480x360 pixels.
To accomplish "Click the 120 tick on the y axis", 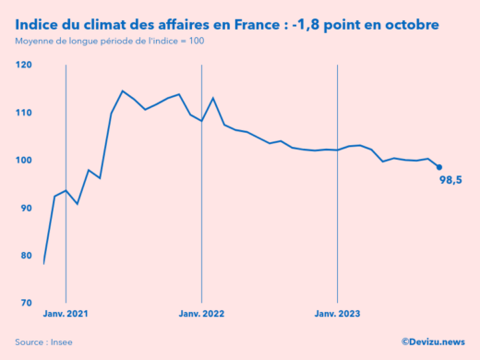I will click(23, 66).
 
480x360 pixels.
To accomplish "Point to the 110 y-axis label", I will click(23, 113).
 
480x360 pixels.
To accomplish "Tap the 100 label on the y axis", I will click(23, 161).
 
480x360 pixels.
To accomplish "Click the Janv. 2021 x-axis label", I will click(66, 314).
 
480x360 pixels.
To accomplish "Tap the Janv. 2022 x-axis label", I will click(201, 314).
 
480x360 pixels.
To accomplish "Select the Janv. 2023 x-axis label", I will click(338, 314).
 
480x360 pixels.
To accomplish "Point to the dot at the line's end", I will click(439, 167).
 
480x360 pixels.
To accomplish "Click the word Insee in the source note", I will click(60, 342).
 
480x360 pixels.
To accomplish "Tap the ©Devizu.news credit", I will click(433, 342).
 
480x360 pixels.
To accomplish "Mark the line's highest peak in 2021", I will click(123, 90).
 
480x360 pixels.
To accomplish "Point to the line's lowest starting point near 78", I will click(43, 264).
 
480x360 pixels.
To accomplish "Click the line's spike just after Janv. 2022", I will click(213, 98).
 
